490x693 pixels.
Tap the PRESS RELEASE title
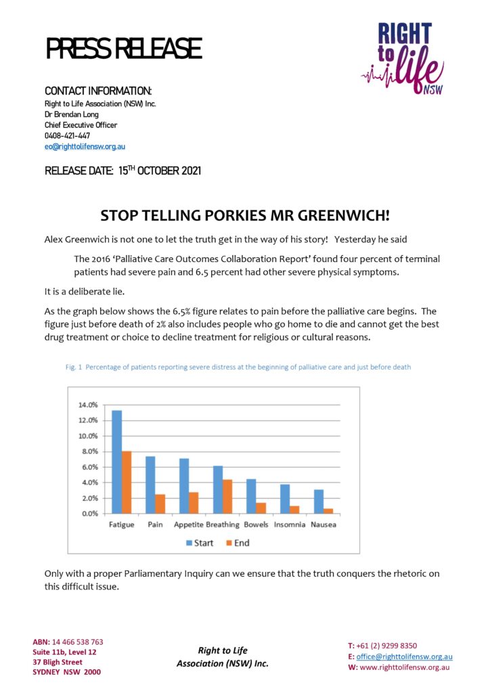click(124, 49)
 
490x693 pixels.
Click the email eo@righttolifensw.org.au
click(85, 146)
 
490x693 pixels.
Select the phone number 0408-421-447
click(67, 135)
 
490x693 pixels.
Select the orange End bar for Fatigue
click(127, 482)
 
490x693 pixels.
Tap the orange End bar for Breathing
click(227, 496)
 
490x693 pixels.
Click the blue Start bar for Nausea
click(318, 501)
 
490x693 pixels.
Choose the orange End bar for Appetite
click(193, 503)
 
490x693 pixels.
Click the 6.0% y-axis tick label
click(89, 467)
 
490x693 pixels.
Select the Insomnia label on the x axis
click(289, 524)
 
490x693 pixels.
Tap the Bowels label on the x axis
click(255, 524)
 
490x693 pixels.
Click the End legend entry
click(238, 542)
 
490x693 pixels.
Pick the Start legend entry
click(200, 542)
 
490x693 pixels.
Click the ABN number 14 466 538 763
click(78, 642)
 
